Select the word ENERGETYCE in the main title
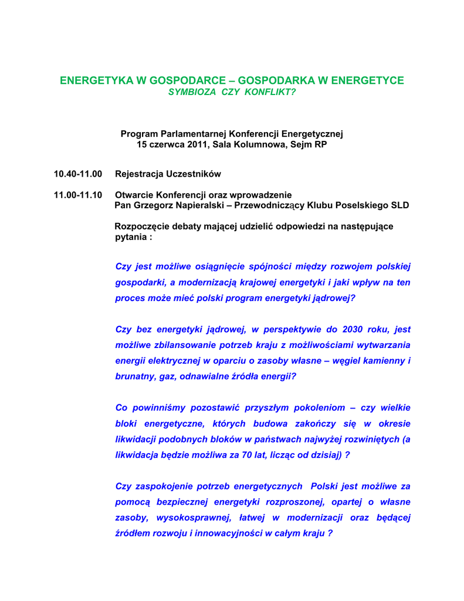click(x=367, y=80)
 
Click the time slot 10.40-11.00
click(x=78, y=174)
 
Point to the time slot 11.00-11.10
click(x=78, y=195)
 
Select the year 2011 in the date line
click(x=195, y=144)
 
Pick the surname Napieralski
click(x=196, y=205)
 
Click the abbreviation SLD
click(x=398, y=205)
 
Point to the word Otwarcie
click(x=133, y=195)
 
